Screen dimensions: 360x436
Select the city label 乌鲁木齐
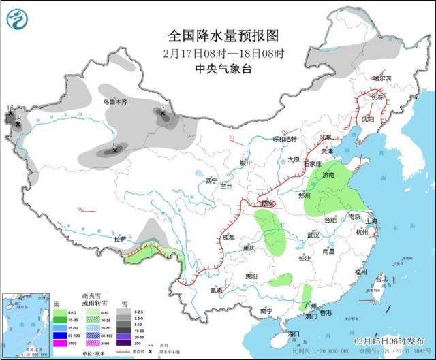coord(115,102)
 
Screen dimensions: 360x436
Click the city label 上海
coord(371,221)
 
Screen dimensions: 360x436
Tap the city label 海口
coord(294,334)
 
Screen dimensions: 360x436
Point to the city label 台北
coord(381,278)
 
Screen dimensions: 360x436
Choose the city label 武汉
coord(313,235)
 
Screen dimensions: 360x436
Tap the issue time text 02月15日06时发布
coord(390,340)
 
